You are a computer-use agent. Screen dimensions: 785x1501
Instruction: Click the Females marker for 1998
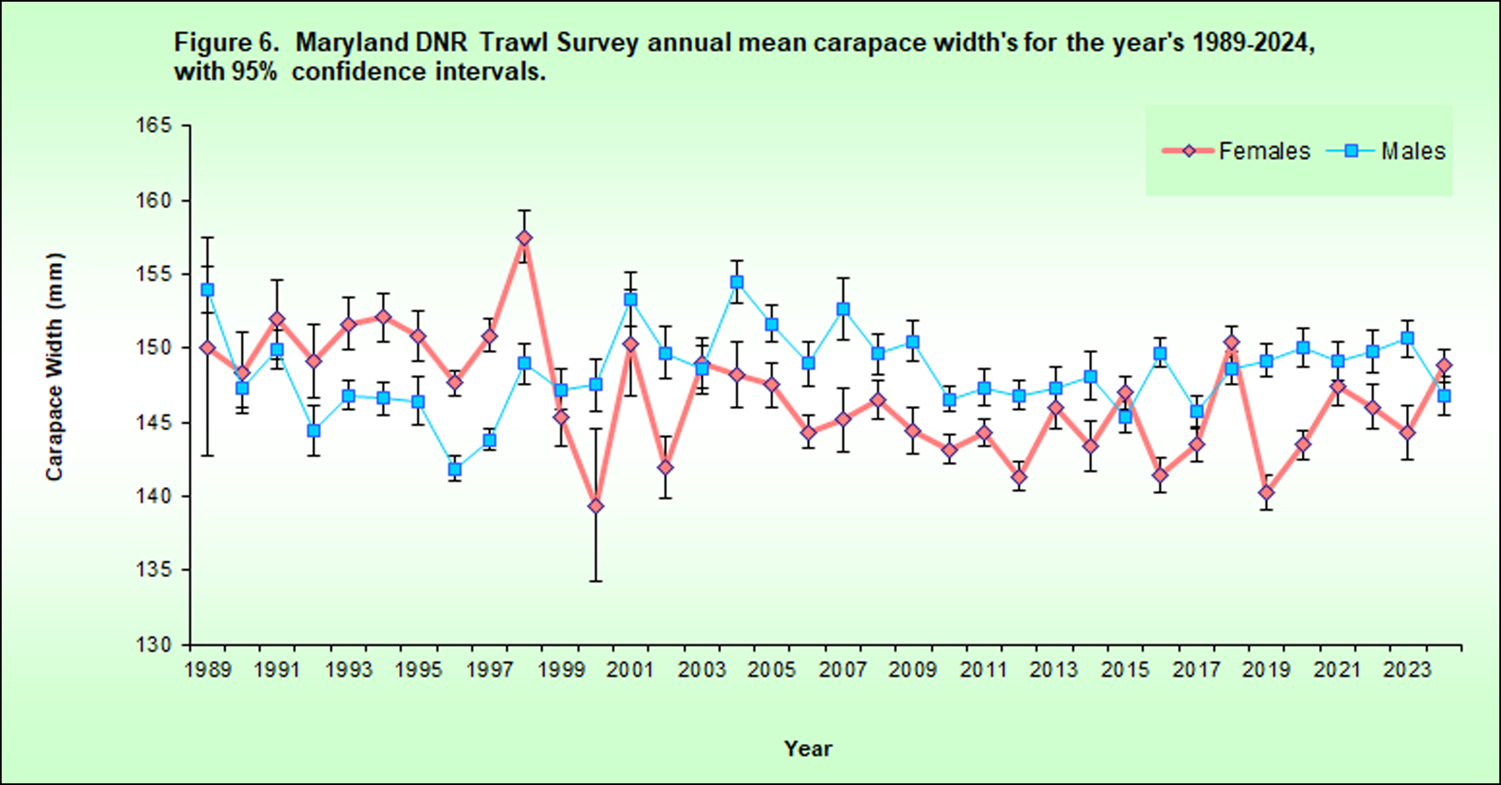tap(524, 238)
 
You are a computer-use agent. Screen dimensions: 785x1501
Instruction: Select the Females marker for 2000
tap(596, 506)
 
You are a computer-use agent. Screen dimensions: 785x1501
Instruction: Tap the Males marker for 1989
tap(207, 290)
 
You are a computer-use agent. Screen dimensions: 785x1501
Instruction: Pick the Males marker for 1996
tap(455, 469)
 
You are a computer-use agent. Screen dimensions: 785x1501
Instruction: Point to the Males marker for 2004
tap(737, 282)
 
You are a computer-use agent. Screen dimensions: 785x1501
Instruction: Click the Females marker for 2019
tap(1266, 492)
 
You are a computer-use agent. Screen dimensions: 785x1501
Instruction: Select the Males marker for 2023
tap(1408, 338)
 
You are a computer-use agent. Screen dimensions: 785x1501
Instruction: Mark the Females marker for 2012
tap(1019, 478)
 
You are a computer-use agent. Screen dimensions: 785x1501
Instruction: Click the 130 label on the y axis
tap(155, 645)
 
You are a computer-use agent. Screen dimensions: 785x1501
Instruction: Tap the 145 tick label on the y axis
tap(155, 422)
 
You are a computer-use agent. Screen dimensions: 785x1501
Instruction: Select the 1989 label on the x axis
tap(208, 670)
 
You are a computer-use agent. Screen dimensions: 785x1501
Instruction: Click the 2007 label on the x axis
tap(843, 670)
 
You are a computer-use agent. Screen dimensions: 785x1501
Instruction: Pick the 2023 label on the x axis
tap(1407, 670)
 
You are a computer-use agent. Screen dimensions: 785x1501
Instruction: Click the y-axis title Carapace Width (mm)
tap(54, 367)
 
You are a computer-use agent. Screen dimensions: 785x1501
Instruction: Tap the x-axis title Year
tap(808, 749)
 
